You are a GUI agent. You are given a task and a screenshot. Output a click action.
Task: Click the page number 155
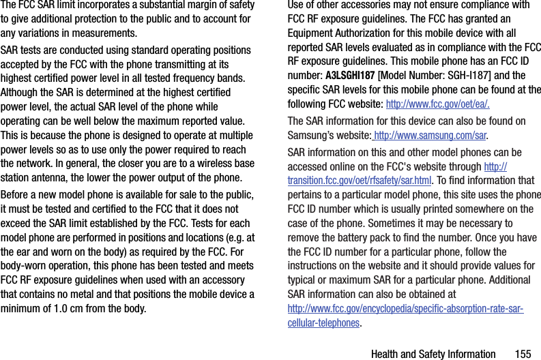(x=523, y=354)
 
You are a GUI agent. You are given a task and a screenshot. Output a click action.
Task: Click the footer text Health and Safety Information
(x=433, y=354)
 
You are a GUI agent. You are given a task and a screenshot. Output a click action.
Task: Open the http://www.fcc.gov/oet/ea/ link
(x=437, y=104)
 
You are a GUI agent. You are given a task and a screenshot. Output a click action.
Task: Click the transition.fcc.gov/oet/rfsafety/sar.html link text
(x=360, y=181)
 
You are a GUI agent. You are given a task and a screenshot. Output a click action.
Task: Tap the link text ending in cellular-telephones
(x=323, y=322)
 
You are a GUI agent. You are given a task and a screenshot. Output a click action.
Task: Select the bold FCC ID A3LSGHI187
(x=350, y=75)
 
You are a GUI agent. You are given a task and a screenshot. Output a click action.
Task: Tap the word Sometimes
(x=403, y=223)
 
